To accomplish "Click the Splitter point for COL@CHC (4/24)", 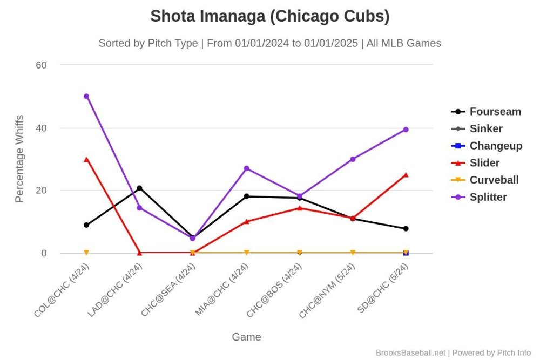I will [x=86, y=96].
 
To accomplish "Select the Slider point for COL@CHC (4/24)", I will [x=86, y=159].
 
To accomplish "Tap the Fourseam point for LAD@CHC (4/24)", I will [x=139, y=188].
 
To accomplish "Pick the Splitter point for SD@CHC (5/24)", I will [x=406, y=130].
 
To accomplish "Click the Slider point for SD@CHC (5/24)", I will [x=406, y=175].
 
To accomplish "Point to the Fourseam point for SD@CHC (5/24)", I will [x=406, y=228].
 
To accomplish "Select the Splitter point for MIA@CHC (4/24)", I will [x=246, y=168].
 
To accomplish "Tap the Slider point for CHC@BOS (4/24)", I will [x=299, y=208].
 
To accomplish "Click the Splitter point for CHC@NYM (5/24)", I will [x=353, y=159].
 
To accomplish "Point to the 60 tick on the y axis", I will [x=42, y=65].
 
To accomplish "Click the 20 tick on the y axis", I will [x=42, y=191].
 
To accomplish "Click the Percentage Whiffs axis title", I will [x=19, y=158].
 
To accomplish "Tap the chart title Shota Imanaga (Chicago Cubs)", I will [x=270, y=16].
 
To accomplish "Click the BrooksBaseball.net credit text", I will [x=410, y=352].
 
